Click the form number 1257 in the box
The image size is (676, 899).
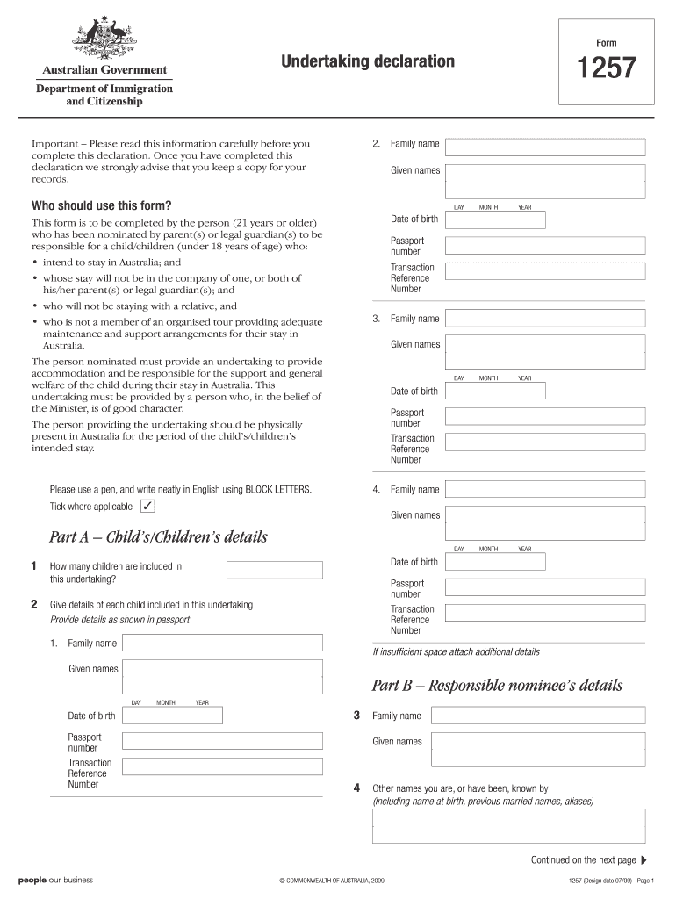click(x=607, y=68)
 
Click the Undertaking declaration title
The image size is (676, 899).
click(x=368, y=61)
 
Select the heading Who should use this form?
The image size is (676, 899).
click(x=102, y=205)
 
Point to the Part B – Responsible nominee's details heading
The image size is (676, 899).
click(x=498, y=685)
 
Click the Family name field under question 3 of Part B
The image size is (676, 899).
click(x=538, y=716)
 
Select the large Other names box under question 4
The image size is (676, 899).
click(x=509, y=826)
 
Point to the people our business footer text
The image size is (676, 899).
click(x=55, y=880)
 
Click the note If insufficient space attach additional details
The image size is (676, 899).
click(x=457, y=652)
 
